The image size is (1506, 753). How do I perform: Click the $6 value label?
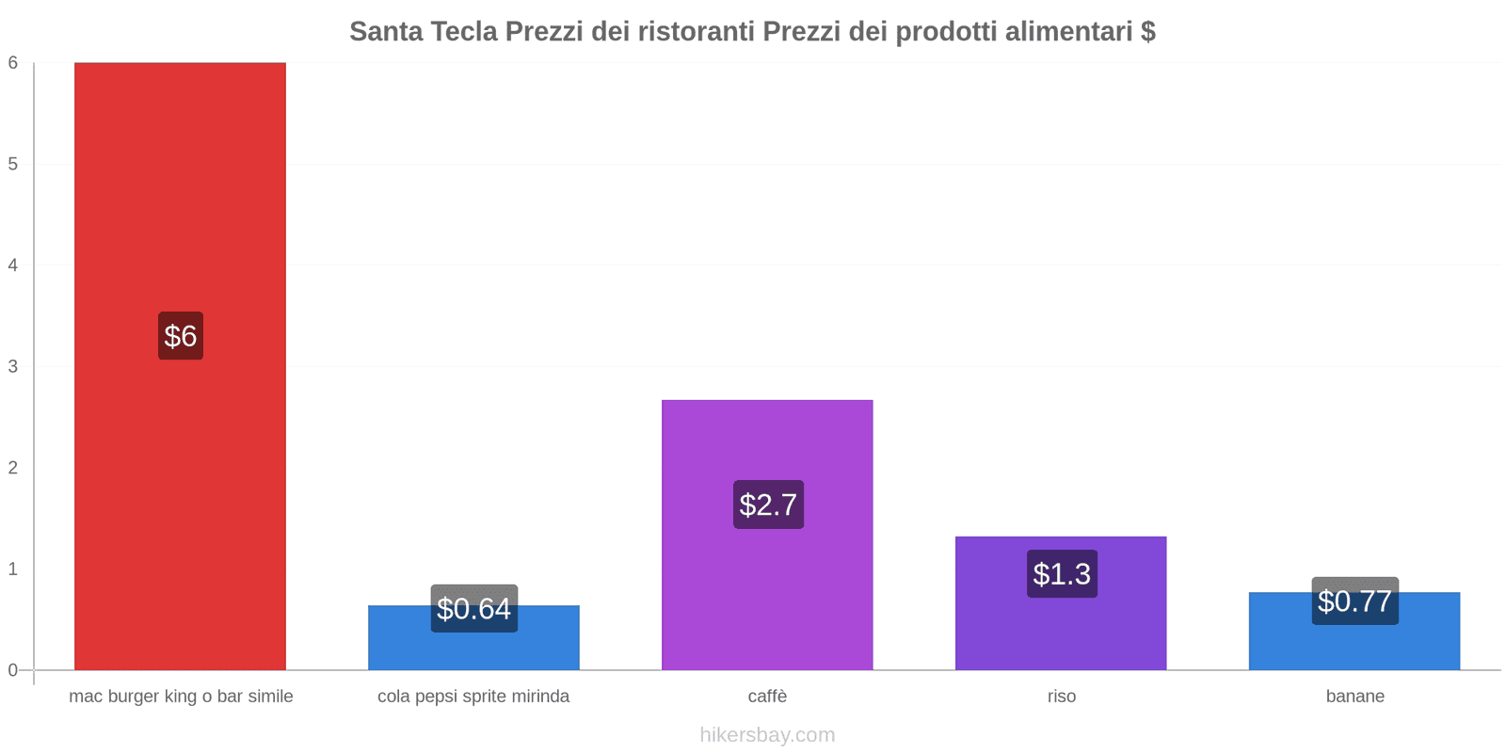click(181, 336)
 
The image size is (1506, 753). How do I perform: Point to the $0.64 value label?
click(473, 609)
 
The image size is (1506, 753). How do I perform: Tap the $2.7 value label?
click(768, 505)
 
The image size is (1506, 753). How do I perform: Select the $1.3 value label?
click(1062, 574)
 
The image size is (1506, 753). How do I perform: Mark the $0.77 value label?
click(1354, 601)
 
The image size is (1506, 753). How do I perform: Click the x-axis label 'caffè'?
click(767, 697)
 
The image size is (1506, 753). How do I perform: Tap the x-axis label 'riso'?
click(1061, 697)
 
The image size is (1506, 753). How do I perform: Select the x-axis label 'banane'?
click(1354, 697)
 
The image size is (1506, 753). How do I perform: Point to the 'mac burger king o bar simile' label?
click(181, 697)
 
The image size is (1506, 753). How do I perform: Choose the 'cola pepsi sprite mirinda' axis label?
click(473, 697)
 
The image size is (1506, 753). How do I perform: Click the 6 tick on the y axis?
click(13, 63)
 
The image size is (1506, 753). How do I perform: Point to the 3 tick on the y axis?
click(13, 366)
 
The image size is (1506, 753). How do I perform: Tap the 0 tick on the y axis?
click(13, 670)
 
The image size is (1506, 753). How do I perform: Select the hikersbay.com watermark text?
click(767, 735)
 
